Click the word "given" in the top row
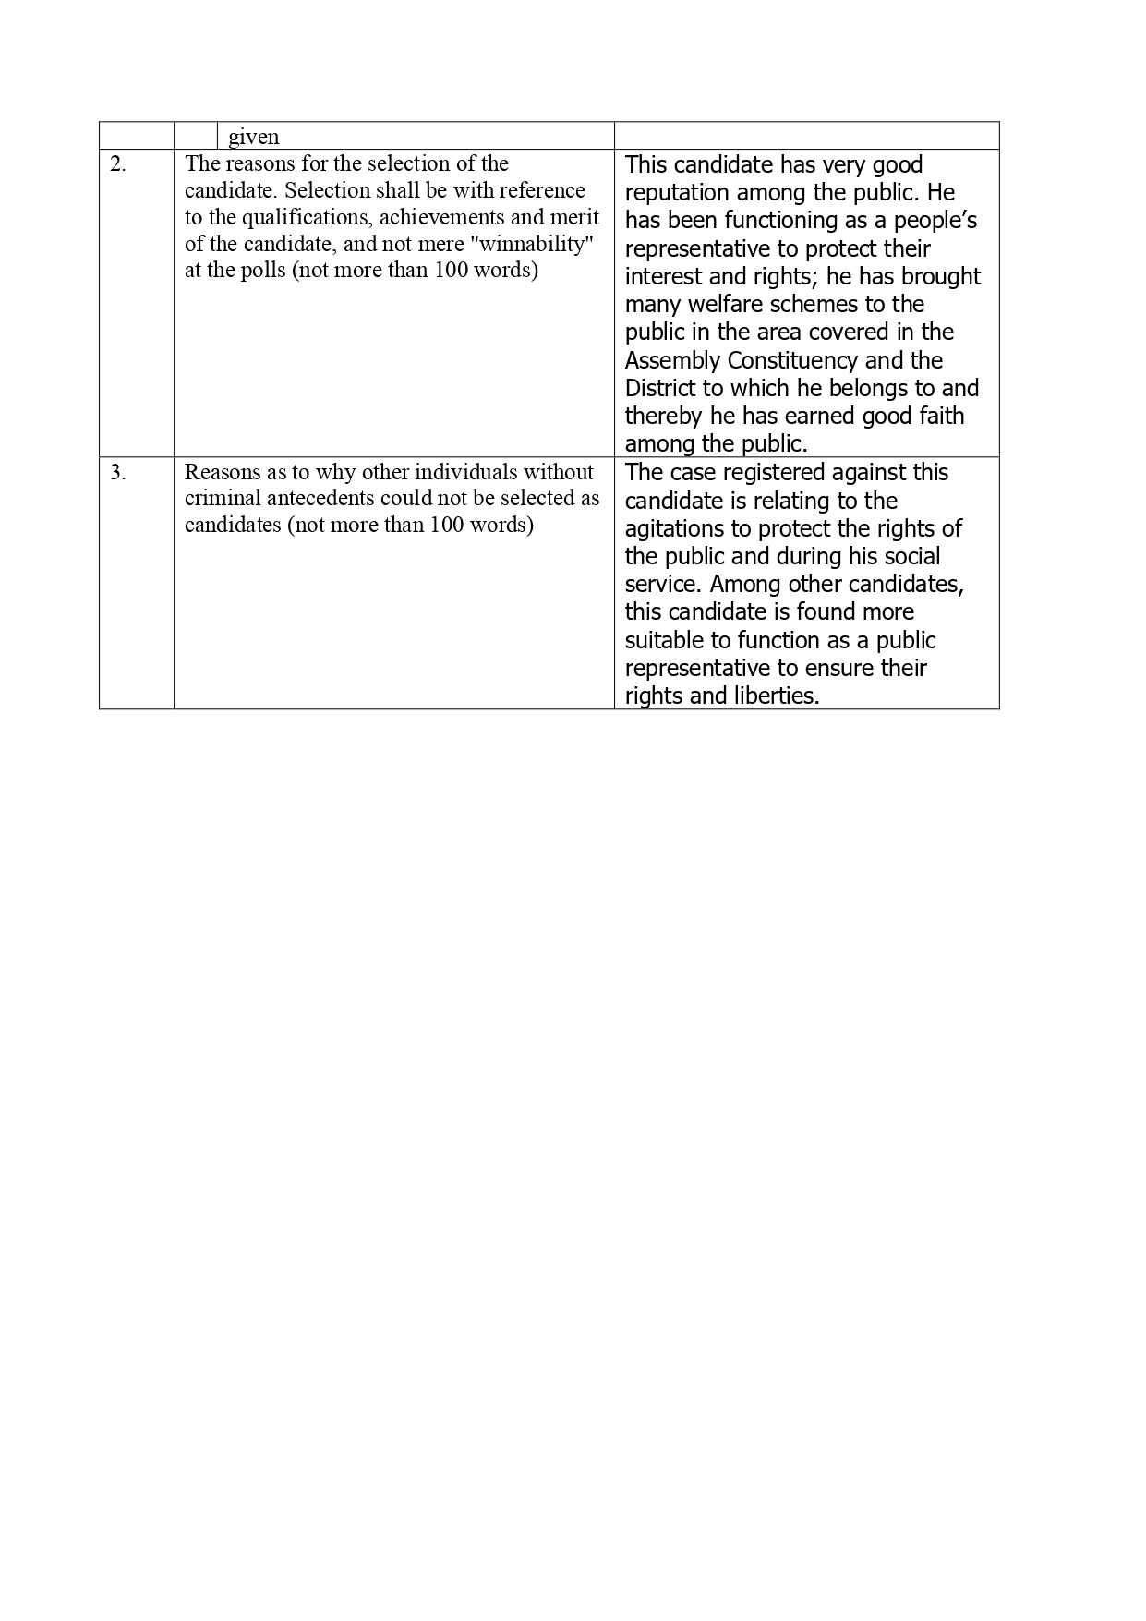pyautogui.click(x=253, y=137)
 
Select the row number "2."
pyautogui.click(x=118, y=164)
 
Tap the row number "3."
pyautogui.click(x=118, y=472)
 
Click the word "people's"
pyautogui.click(x=935, y=221)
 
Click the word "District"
pyautogui.click(x=660, y=388)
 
